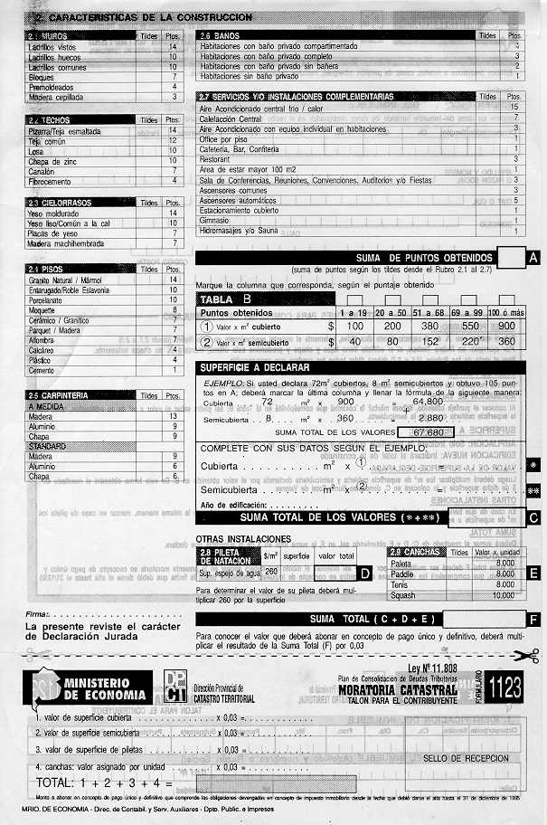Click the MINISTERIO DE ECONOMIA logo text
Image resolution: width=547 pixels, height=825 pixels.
tap(96, 688)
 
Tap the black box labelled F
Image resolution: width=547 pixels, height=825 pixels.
tap(533, 620)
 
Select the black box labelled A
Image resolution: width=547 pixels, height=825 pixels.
tap(533, 258)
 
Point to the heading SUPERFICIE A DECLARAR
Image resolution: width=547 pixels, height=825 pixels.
tap(255, 367)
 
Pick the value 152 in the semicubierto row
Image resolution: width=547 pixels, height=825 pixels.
tap(429, 342)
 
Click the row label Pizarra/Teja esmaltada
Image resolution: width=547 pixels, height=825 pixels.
tap(64, 132)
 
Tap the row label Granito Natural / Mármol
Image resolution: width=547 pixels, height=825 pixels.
tap(66, 280)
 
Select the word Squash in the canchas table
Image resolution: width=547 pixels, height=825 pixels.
tap(405, 596)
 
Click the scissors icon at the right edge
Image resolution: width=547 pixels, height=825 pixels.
tap(532, 654)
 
